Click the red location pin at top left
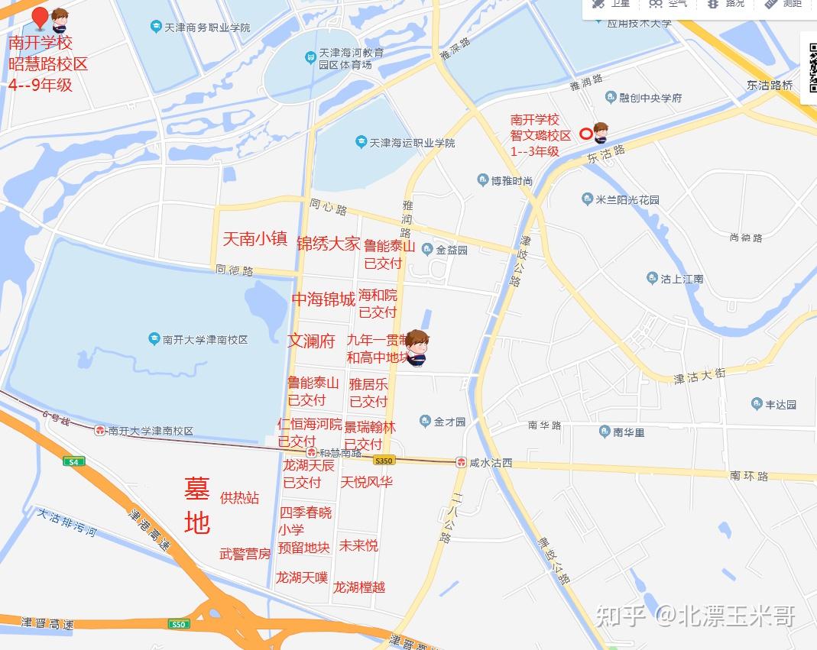(39, 18)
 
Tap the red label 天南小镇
(255, 238)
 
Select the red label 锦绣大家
(328, 244)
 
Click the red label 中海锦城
(323, 299)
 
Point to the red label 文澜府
(311, 341)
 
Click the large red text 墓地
(197, 505)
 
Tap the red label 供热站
(239, 498)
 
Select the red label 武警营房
(245, 554)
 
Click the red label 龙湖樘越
(358, 587)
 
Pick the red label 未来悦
(358, 545)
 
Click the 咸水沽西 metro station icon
(462, 463)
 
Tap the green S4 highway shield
(74, 461)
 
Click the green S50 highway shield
(178, 624)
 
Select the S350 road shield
(384, 461)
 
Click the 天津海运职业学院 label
(405, 143)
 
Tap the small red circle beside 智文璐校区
(585, 134)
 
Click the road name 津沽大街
(699, 376)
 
